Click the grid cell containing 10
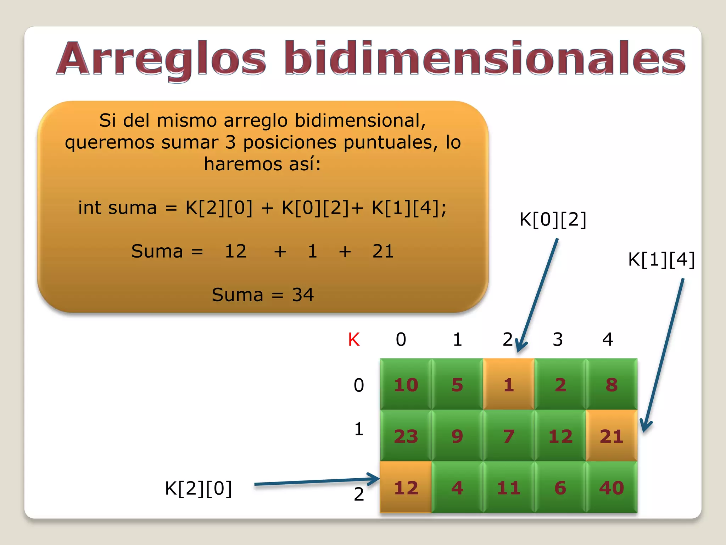point(406,385)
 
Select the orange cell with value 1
point(509,385)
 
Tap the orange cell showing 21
point(611,436)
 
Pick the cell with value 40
point(611,487)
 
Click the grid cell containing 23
point(406,436)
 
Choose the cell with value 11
point(509,487)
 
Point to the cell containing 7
point(509,436)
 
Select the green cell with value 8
point(611,385)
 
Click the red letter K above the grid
point(354,340)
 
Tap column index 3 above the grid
point(558,340)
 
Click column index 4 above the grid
point(608,340)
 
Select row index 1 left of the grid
point(359,429)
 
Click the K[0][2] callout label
point(553,219)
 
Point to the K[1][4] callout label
point(661,259)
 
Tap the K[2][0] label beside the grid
point(199,488)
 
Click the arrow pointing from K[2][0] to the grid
point(315,481)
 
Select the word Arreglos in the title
point(161,59)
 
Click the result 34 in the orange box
point(303,294)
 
